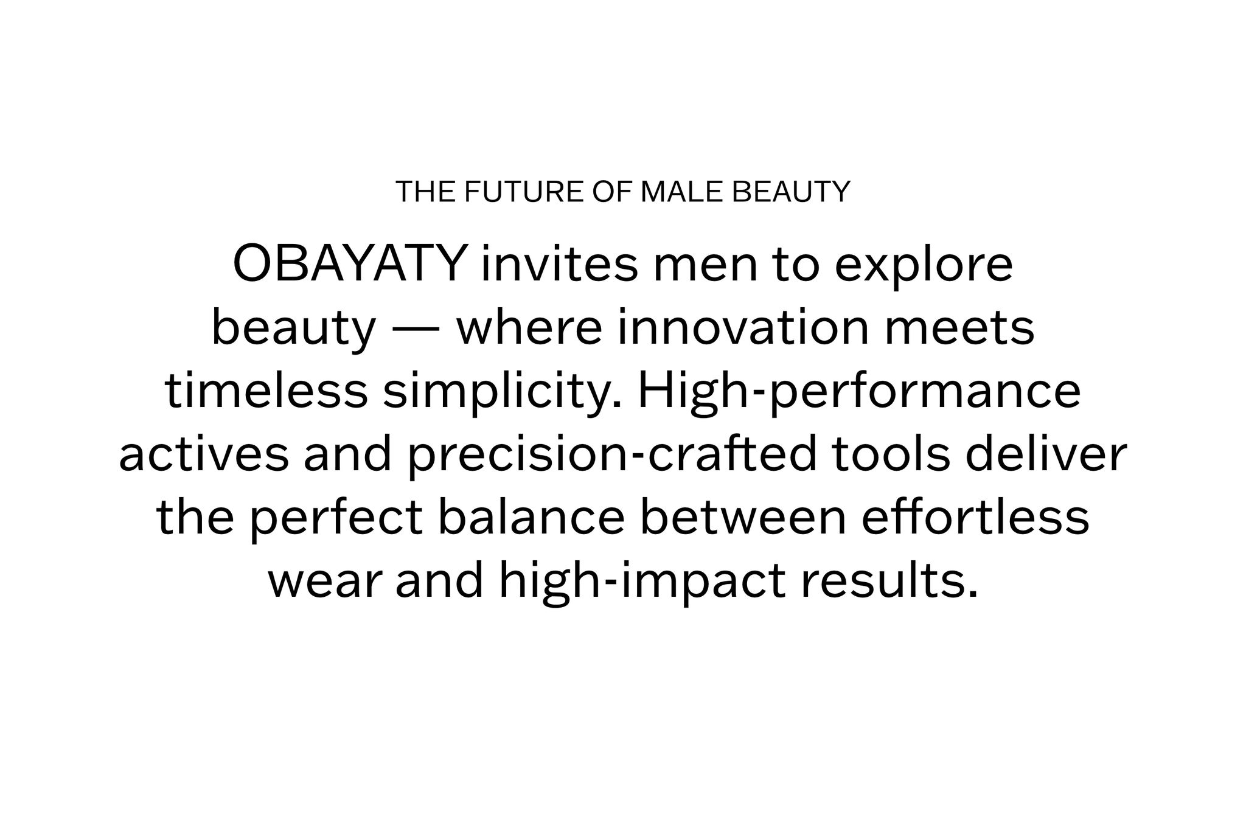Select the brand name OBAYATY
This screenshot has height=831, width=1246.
(350, 265)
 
